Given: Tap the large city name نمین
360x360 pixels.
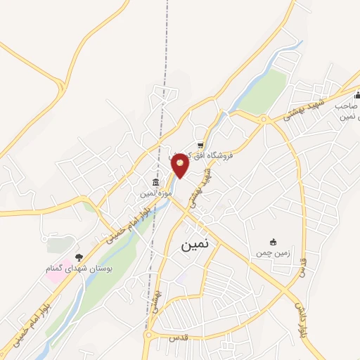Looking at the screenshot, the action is click(195, 245).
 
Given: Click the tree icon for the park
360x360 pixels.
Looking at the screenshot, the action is click(78, 258).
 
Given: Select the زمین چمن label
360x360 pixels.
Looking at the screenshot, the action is click(272, 251).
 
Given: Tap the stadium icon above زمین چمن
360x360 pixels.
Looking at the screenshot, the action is click(274, 241).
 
